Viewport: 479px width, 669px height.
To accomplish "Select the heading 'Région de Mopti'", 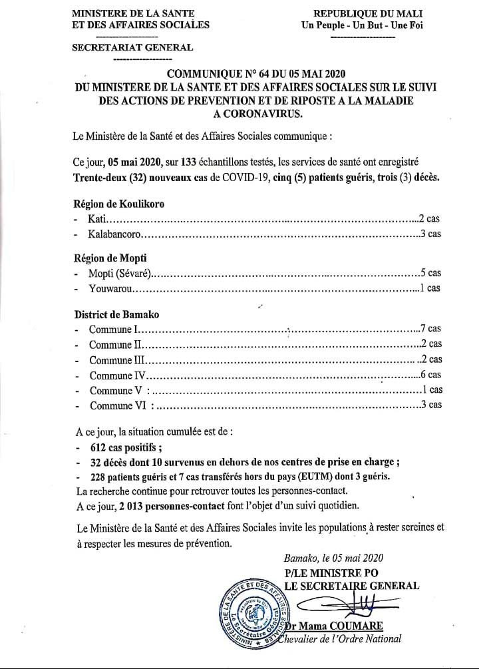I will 109,258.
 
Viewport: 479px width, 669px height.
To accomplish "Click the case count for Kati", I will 428,218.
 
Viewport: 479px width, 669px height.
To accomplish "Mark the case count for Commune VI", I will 430,405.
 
